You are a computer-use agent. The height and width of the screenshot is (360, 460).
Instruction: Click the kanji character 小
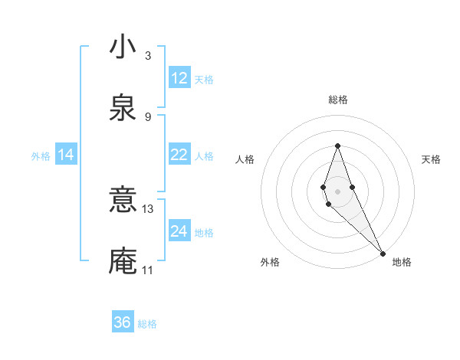(x=123, y=47)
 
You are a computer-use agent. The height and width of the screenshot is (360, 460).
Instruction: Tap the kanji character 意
(x=123, y=201)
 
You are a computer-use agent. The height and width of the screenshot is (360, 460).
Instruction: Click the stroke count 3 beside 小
(x=148, y=55)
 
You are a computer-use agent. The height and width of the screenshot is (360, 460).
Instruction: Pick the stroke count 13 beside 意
(x=148, y=208)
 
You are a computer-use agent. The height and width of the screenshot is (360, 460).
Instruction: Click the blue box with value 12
(x=179, y=78)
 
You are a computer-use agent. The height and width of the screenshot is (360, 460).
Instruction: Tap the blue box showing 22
(x=179, y=155)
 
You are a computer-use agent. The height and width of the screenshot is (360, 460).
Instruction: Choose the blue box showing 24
(x=179, y=231)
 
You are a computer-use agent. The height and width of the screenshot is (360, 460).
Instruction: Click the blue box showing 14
(x=66, y=155)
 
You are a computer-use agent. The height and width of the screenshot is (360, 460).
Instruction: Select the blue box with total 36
(x=123, y=322)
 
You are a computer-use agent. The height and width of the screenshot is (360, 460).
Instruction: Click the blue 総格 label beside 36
(x=147, y=324)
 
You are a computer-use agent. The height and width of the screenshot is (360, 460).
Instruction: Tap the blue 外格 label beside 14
(x=41, y=156)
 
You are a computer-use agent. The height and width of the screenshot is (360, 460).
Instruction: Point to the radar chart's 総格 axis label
(x=338, y=100)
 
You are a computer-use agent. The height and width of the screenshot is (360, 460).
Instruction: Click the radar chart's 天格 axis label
(x=432, y=159)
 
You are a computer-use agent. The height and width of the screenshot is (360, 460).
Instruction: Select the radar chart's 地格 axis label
(x=402, y=262)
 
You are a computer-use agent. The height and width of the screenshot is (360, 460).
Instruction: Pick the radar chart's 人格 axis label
(x=245, y=159)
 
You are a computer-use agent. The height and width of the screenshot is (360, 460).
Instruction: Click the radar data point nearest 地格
(x=383, y=253)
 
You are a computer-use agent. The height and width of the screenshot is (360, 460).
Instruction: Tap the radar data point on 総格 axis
(x=337, y=146)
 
